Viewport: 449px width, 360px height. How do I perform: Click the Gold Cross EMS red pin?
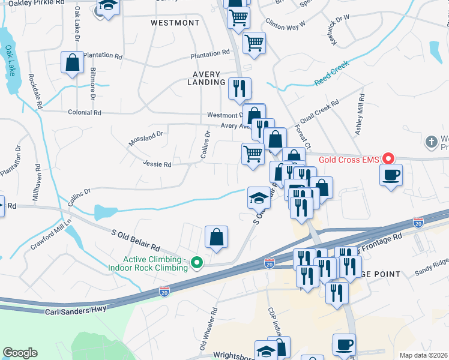pyautogui.click(x=388, y=159)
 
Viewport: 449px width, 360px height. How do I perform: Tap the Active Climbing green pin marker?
pyautogui.click(x=196, y=262)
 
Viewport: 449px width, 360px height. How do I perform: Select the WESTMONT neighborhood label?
pyautogui.click(x=175, y=23)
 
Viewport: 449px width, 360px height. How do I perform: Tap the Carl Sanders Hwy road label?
pyautogui.click(x=76, y=310)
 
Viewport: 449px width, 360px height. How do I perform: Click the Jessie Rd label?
pyautogui.click(x=157, y=164)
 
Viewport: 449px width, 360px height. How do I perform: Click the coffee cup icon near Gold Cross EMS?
pyautogui.click(x=391, y=175)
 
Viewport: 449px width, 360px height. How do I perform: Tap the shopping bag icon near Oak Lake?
pyautogui.click(x=72, y=62)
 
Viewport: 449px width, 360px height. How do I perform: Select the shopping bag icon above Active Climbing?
pyautogui.click(x=217, y=237)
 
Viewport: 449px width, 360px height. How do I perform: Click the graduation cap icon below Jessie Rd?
pyautogui.click(x=259, y=197)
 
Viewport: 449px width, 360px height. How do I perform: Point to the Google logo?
pyautogui.click(x=20, y=353)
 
